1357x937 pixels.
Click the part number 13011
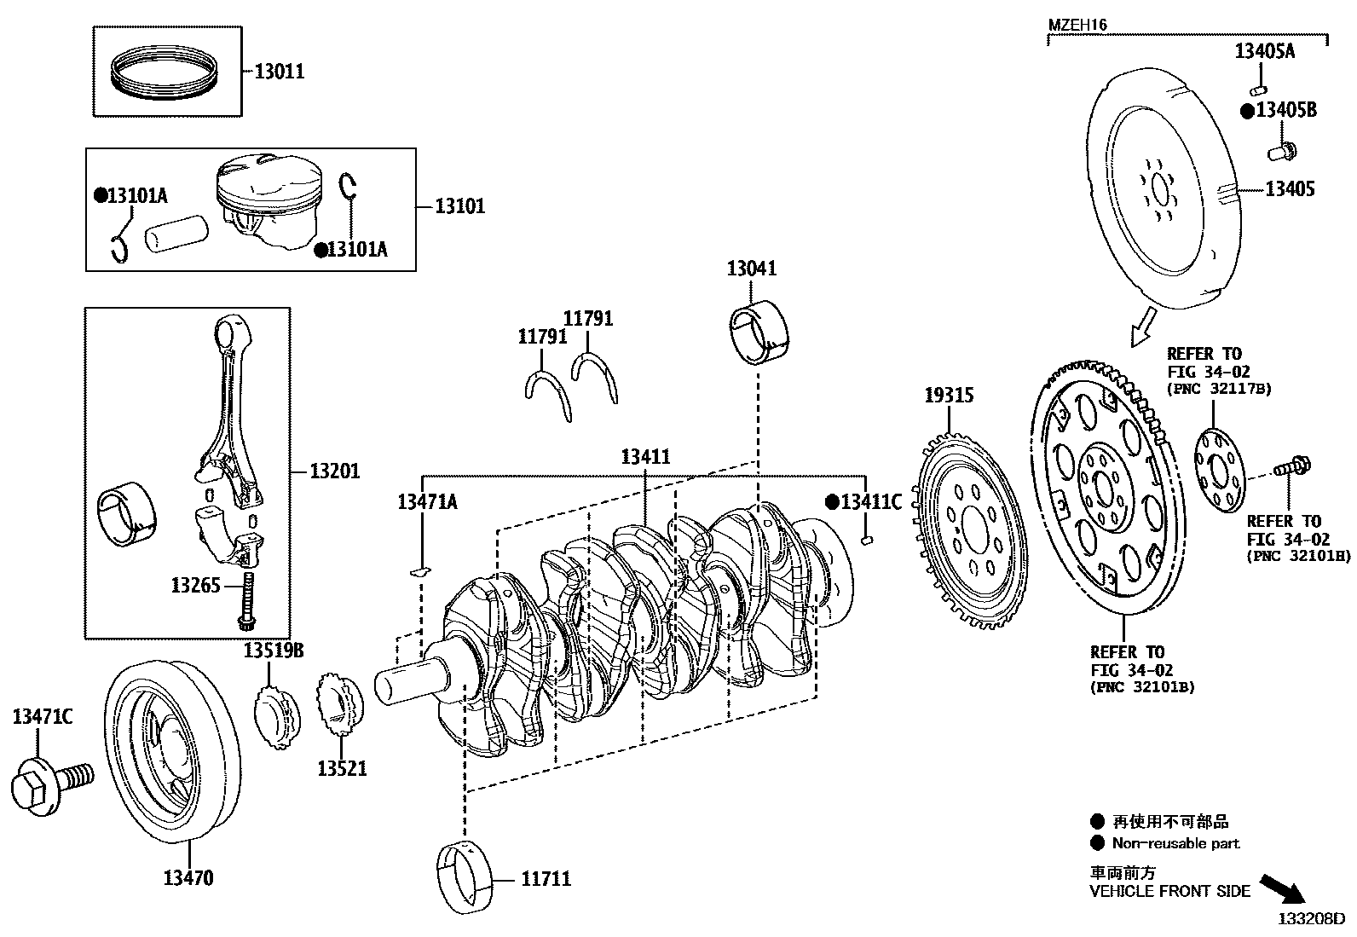click(279, 72)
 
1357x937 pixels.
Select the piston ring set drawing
click(167, 72)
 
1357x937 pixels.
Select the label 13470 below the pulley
click(188, 878)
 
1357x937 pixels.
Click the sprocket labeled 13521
click(341, 706)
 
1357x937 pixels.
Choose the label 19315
click(950, 396)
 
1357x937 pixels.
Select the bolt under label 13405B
click(1282, 152)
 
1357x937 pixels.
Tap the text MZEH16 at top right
click(1077, 26)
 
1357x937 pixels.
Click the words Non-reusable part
click(1175, 843)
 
